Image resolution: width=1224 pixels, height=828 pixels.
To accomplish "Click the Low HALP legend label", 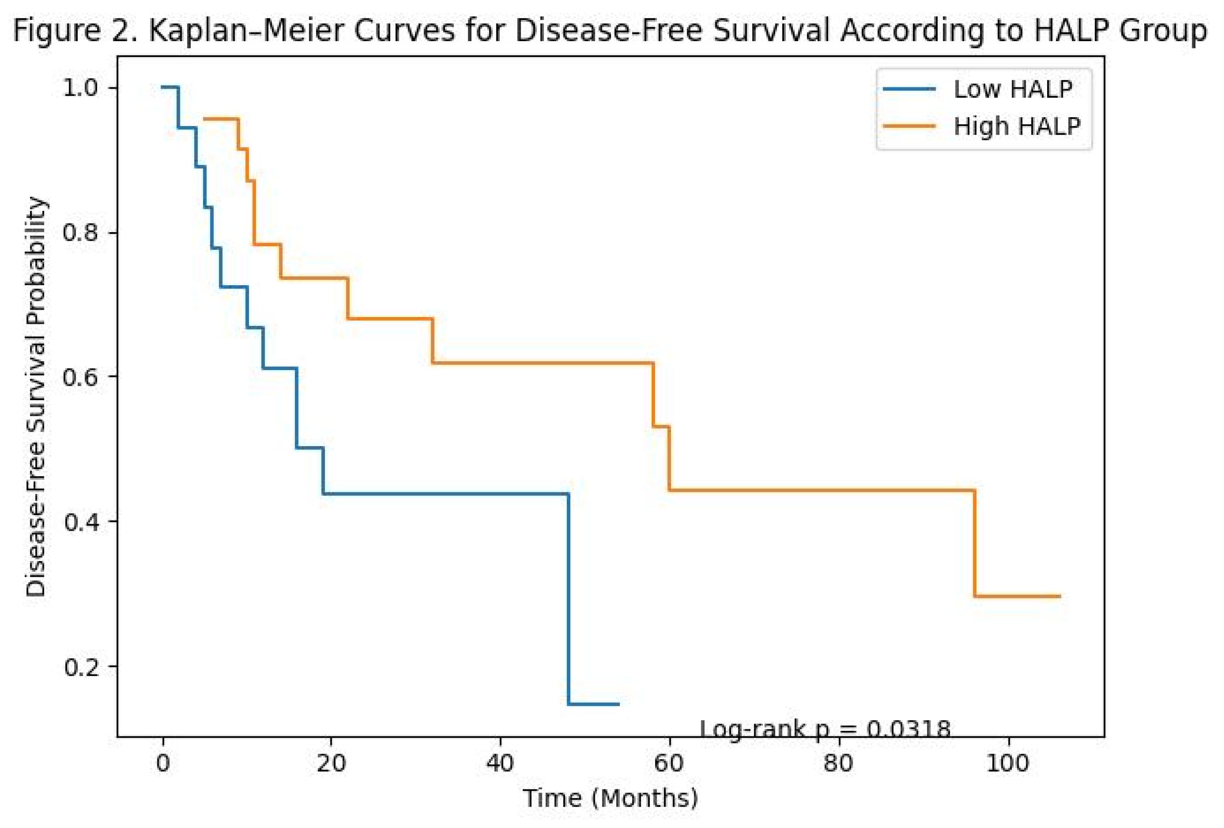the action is click(x=1013, y=89).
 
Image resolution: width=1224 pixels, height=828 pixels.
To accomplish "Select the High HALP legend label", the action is click(x=1017, y=126).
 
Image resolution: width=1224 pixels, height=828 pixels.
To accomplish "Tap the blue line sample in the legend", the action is click(x=910, y=89).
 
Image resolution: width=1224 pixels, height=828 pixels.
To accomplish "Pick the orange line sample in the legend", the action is click(x=910, y=126).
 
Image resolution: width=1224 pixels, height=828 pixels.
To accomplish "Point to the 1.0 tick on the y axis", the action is click(x=81, y=87).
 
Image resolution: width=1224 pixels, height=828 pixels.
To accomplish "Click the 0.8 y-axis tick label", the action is click(x=81, y=232).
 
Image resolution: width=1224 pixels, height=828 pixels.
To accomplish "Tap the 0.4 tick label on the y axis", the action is click(x=81, y=522).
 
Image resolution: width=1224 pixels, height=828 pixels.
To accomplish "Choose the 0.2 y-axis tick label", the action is click(x=81, y=666).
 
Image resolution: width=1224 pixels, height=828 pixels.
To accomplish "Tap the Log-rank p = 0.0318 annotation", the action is click(x=825, y=729).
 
